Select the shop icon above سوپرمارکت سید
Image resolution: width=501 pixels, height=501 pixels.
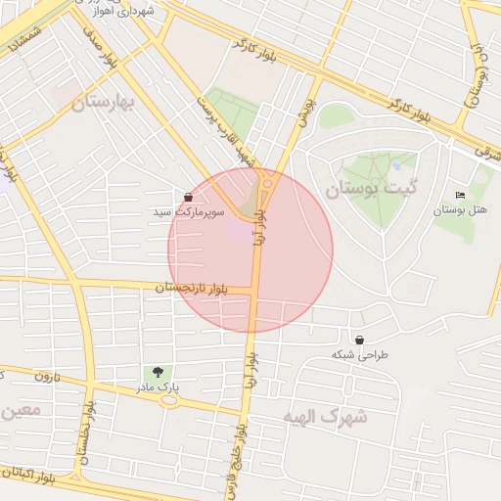188,197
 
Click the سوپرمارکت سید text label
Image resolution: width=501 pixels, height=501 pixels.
189,211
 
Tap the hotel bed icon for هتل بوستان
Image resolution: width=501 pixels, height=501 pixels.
460,195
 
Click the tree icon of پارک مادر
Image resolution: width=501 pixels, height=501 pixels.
157,372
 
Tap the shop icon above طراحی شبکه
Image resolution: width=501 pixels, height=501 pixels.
360,340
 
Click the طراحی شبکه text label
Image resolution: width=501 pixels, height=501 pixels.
360,354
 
